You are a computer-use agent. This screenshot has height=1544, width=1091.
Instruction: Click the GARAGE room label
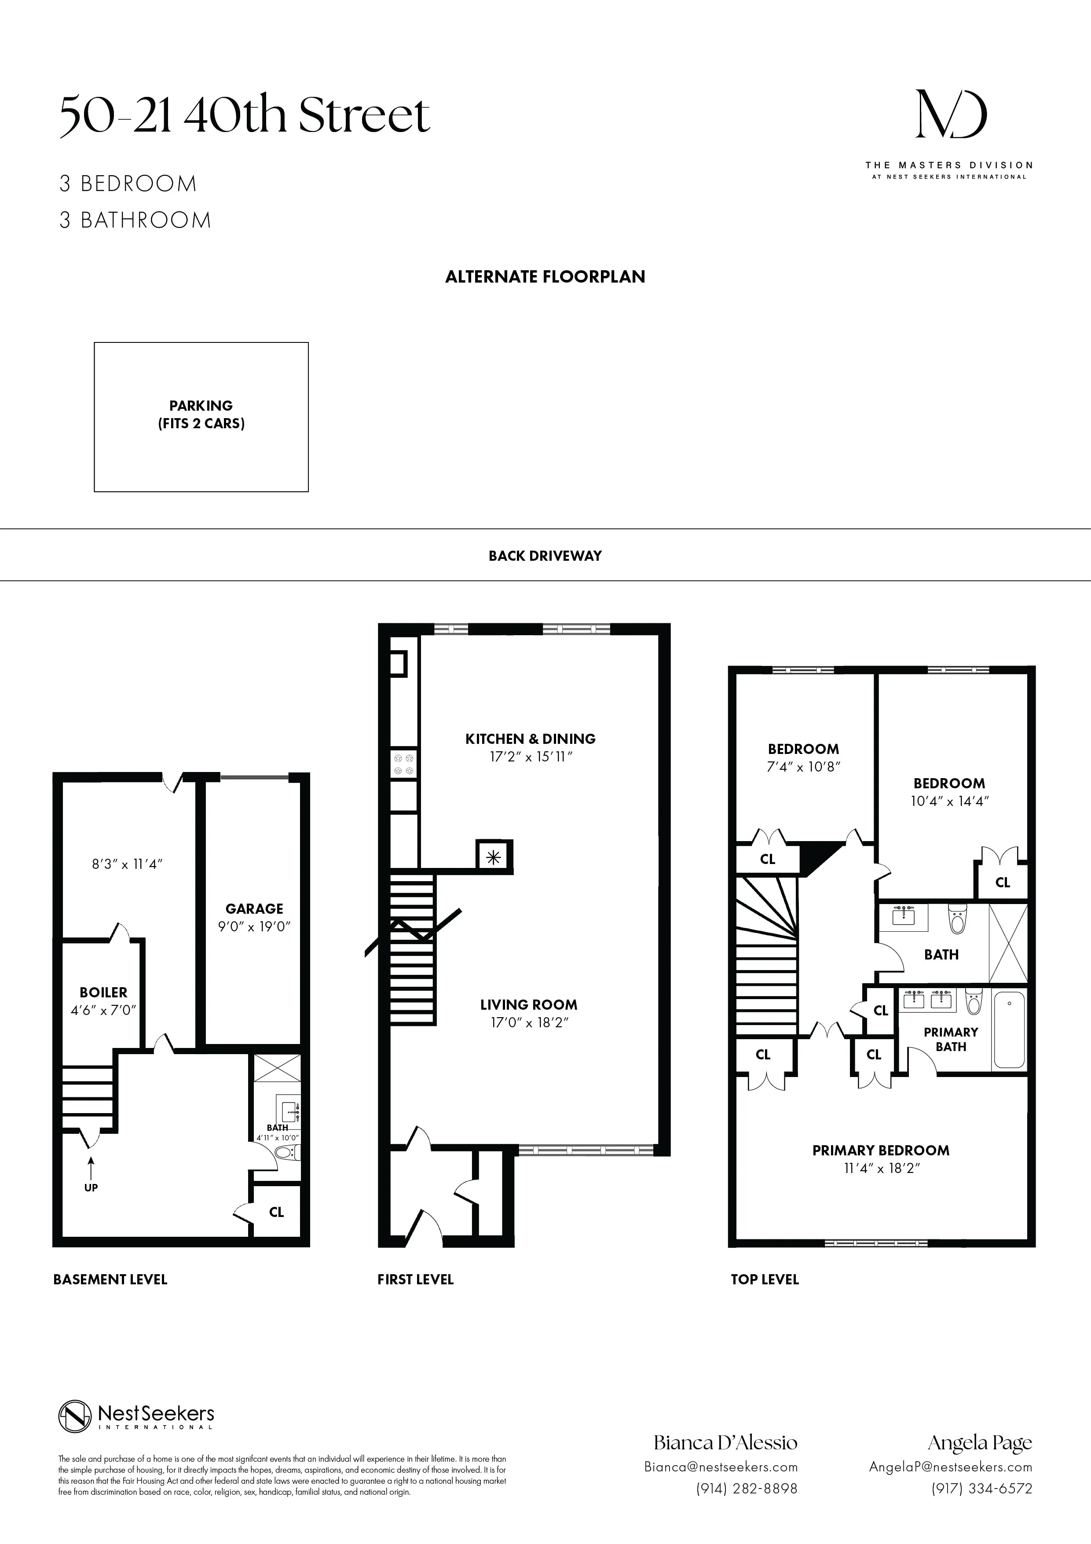pos(254,908)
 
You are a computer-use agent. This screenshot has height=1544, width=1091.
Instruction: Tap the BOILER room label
pos(103,993)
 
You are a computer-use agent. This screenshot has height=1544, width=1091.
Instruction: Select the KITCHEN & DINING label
pos(531,739)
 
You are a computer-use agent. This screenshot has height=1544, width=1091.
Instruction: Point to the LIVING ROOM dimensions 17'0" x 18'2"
pos(529,1023)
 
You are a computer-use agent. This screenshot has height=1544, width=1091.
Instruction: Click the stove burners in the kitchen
pos(404,763)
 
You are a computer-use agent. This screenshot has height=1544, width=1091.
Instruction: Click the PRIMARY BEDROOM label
pos(881,1150)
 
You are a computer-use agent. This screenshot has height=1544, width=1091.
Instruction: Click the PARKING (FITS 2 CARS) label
pos(201,414)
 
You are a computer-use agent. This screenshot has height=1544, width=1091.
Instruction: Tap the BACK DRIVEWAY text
pos(545,555)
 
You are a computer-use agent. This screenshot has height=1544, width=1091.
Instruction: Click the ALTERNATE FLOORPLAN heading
pos(545,276)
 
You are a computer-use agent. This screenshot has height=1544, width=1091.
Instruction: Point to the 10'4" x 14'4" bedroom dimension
pos(949,801)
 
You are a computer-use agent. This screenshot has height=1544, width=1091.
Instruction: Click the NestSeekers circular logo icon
pos(75,1417)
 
